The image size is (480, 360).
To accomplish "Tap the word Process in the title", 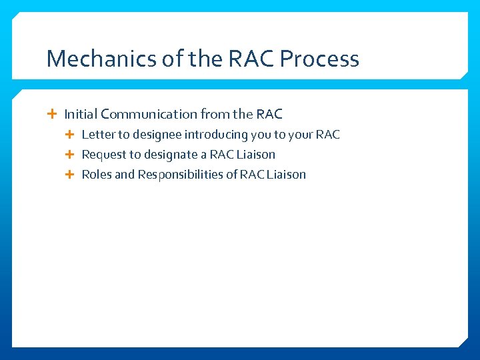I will (x=319, y=59).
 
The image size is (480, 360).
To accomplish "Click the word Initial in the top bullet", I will (x=81, y=114).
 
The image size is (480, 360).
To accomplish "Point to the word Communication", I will (x=149, y=114).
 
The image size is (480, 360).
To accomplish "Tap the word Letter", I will (x=99, y=135).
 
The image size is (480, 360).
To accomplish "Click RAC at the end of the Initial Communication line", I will (x=269, y=114).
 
